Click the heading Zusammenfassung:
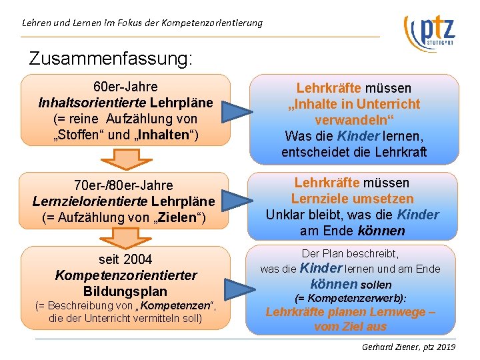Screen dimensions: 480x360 click(x=111, y=58)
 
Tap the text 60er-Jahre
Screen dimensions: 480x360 click(x=125, y=87)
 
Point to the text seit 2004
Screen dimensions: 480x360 click(x=125, y=259)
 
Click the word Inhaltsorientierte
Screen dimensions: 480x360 click(x=93, y=103)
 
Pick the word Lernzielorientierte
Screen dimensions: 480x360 click(x=90, y=201)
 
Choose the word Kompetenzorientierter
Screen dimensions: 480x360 click(x=126, y=275)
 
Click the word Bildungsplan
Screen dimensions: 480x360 click(x=125, y=291)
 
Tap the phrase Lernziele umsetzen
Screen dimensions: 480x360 click(x=353, y=199)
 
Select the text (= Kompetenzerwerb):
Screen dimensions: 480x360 click(x=351, y=298)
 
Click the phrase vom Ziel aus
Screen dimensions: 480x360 click(x=351, y=327)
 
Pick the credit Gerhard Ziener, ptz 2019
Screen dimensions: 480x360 click(x=408, y=347)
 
